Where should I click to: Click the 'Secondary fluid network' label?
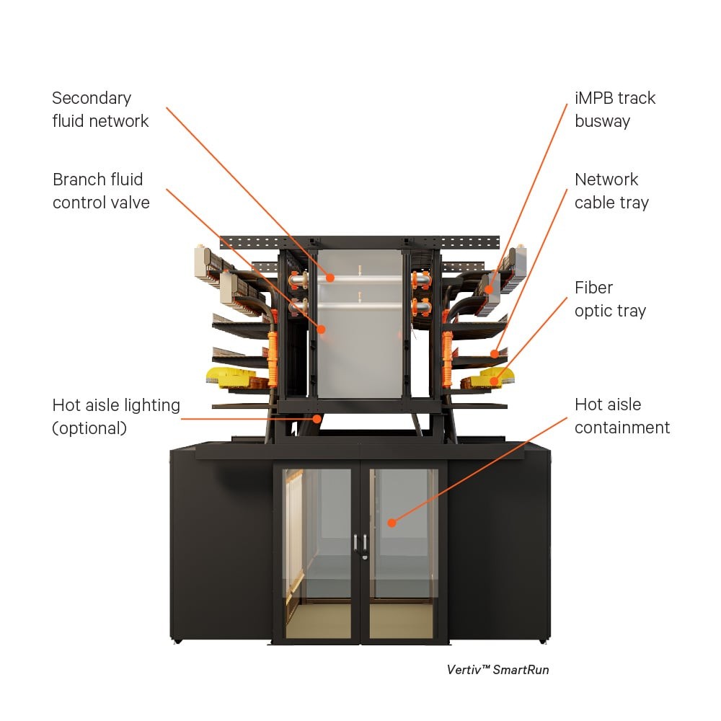click(x=100, y=110)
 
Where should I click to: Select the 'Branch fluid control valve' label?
click(x=101, y=191)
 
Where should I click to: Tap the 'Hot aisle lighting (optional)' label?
click(x=115, y=417)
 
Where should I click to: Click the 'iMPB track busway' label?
click(x=615, y=110)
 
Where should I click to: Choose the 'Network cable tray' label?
click(x=611, y=191)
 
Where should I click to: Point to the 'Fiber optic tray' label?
click(x=610, y=299)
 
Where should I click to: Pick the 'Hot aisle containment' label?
click(x=622, y=416)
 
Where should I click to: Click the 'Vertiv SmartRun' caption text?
click(x=497, y=670)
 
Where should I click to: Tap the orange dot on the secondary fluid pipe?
click(x=329, y=277)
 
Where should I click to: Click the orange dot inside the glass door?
click(x=391, y=522)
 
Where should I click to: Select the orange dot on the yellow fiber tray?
click(x=494, y=381)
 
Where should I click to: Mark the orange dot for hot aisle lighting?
click(x=317, y=417)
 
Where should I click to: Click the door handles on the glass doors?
click(x=360, y=544)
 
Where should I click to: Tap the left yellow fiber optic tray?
click(x=229, y=375)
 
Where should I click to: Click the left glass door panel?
click(x=317, y=552)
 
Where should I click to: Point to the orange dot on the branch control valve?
click(x=321, y=329)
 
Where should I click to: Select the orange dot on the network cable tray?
click(x=494, y=353)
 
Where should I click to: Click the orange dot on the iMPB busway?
click(x=489, y=290)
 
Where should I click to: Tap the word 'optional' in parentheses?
click(x=89, y=428)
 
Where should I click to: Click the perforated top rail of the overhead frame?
click(x=360, y=242)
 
